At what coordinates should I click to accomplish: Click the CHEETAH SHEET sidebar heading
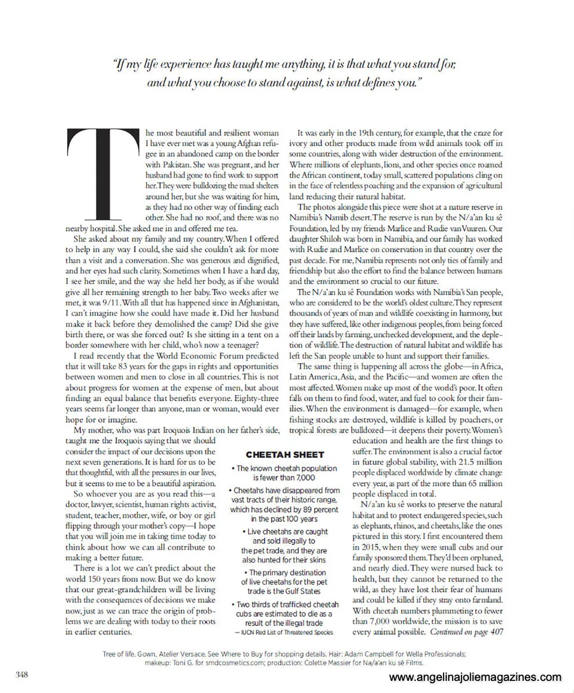[x=285, y=454]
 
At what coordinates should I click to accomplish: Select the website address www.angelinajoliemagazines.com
[x=475, y=677]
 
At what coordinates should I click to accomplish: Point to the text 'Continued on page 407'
[x=467, y=632]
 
